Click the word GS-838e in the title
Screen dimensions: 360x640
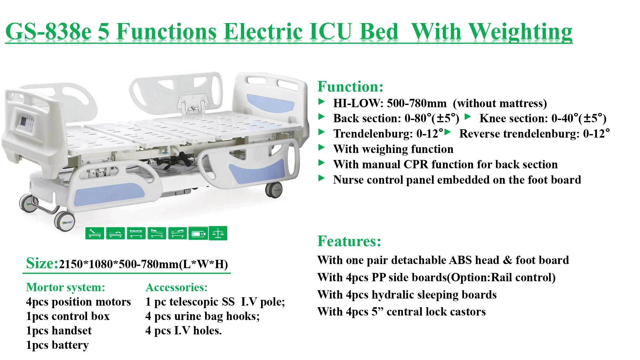[48, 32]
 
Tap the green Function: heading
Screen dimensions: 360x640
[350, 87]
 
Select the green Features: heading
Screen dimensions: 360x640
[349, 241]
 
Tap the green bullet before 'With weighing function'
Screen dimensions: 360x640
[321, 148]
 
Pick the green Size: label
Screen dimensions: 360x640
[42, 263]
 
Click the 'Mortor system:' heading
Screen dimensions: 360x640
[66, 287]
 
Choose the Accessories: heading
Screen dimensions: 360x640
[176, 287]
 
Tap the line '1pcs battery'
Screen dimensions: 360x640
[57, 345]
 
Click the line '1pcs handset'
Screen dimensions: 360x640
[59, 331]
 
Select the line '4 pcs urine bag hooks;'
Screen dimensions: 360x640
[202, 316]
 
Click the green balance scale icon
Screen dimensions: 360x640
[218, 233]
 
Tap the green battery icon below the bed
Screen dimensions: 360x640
[198, 234]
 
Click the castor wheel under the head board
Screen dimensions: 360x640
[274, 190]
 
